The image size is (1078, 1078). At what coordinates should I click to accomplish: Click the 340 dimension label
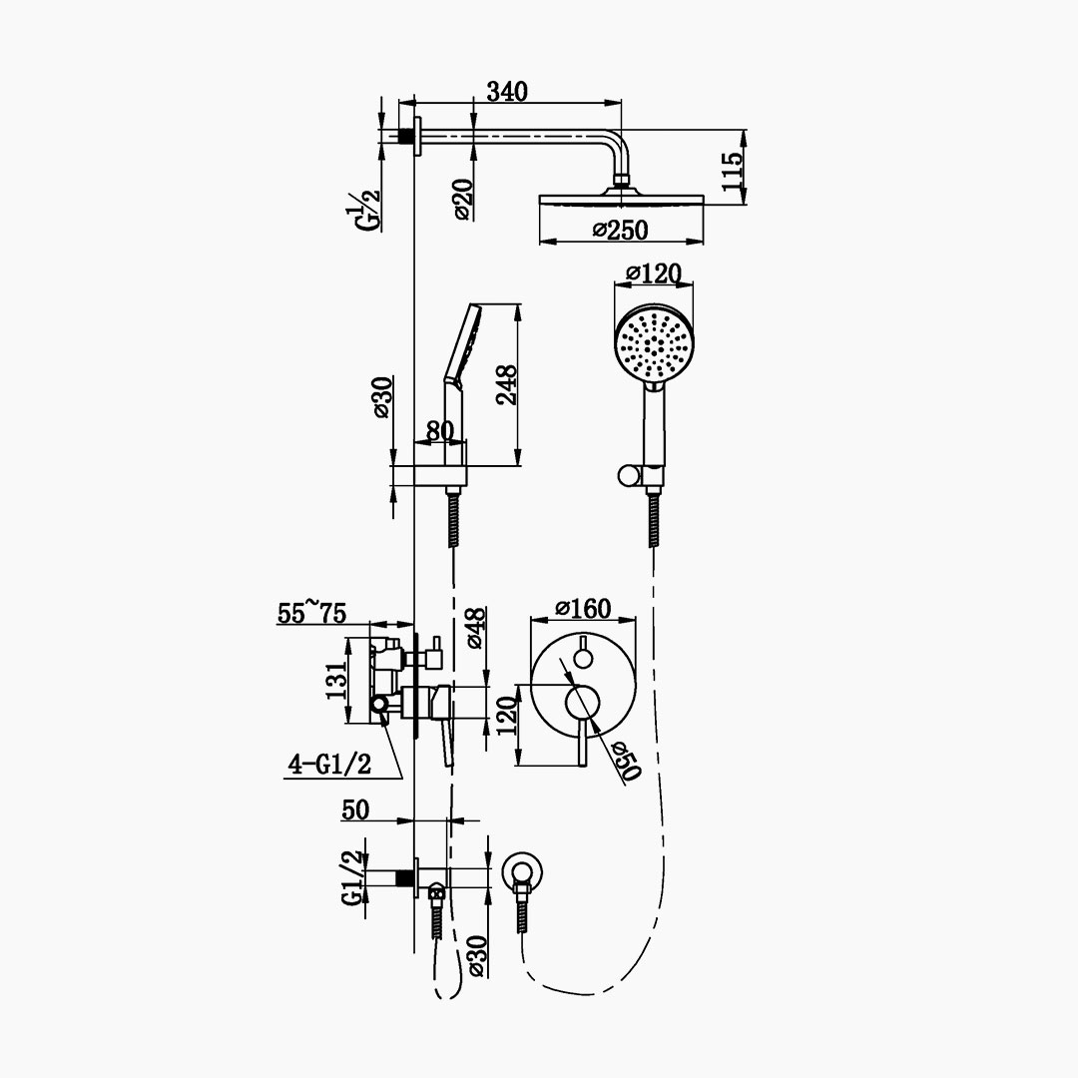pyautogui.click(x=507, y=91)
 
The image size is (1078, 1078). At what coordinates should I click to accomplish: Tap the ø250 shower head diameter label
pyautogui.click(x=620, y=230)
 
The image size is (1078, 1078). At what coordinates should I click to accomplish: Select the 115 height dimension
pyautogui.click(x=733, y=172)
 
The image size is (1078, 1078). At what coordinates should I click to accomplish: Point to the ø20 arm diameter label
pyautogui.click(x=463, y=199)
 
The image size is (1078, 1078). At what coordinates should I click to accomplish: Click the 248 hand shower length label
pyautogui.click(x=507, y=385)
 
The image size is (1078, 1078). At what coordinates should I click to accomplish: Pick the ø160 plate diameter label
pyautogui.click(x=583, y=609)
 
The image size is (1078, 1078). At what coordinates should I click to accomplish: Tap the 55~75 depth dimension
pyautogui.click(x=311, y=612)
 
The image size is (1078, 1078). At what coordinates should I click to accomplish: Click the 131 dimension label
pyautogui.click(x=337, y=681)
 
